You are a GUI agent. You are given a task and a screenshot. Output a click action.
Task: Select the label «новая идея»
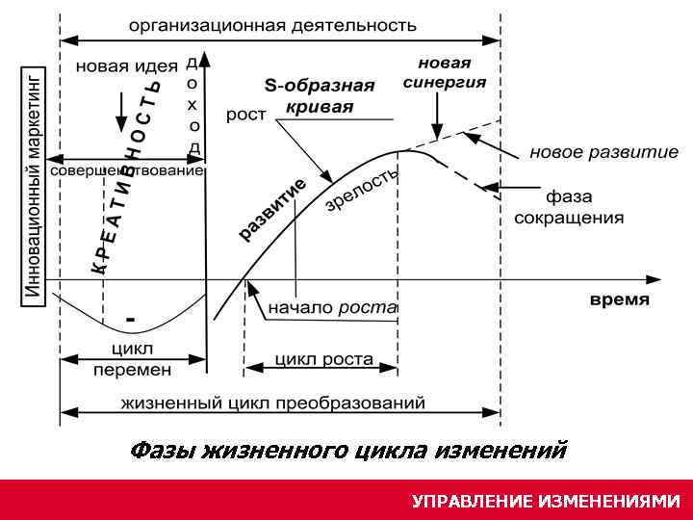(x=126, y=66)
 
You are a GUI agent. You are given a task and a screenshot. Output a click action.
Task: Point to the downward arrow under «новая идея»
(x=120, y=112)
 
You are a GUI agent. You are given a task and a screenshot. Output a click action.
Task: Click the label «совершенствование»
(x=126, y=170)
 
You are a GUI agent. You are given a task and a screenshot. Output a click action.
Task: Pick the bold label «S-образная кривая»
(x=320, y=95)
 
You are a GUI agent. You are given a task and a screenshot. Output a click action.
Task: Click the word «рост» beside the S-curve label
(x=246, y=116)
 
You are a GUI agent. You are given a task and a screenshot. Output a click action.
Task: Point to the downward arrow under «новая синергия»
(x=438, y=121)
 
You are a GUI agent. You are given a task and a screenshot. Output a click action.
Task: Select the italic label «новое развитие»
(x=603, y=152)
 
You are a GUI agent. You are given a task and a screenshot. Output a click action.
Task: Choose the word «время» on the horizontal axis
(x=619, y=299)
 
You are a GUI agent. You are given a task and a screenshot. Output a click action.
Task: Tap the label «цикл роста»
(x=324, y=359)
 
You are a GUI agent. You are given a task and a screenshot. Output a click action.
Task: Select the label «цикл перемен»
(x=133, y=358)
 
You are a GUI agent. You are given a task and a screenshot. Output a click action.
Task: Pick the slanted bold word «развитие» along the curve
(x=272, y=209)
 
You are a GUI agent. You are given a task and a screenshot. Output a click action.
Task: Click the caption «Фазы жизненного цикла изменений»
(x=347, y=450)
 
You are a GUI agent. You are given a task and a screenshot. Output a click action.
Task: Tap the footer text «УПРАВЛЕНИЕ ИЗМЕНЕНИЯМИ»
(x=545, y=501)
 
